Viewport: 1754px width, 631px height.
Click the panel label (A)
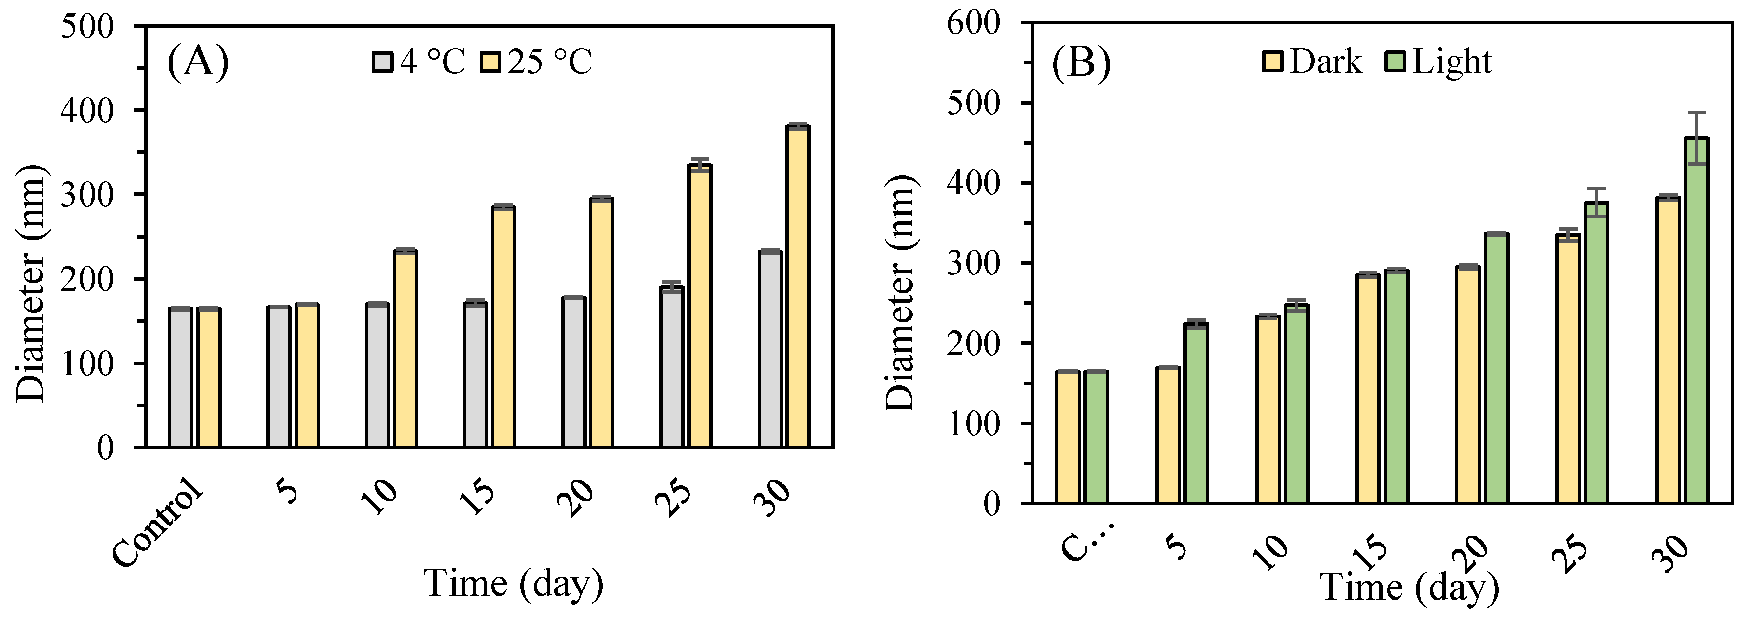[197, 62]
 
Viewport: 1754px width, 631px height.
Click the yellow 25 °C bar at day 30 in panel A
[797, 286]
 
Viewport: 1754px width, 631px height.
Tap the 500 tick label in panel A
[87, 27]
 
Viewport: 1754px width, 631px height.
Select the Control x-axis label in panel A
[158, 523]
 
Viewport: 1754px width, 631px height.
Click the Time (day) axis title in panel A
[513, 583]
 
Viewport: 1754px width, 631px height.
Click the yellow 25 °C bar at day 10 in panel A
[405, 349]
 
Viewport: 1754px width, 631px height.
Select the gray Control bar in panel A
[180, 378]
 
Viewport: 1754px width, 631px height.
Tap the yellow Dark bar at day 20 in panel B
[1467, 384]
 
